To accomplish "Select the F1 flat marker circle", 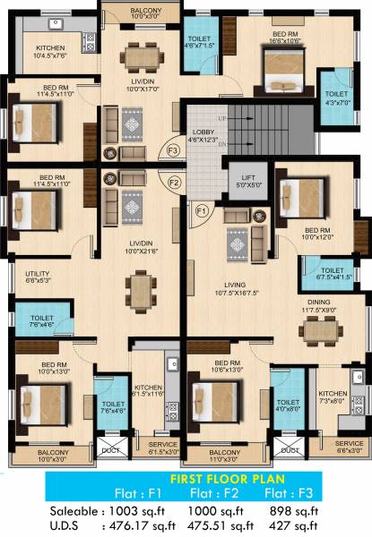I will pos(202,211).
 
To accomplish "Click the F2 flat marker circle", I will pos(175,183).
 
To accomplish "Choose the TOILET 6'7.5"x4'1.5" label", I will pos(332,273).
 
